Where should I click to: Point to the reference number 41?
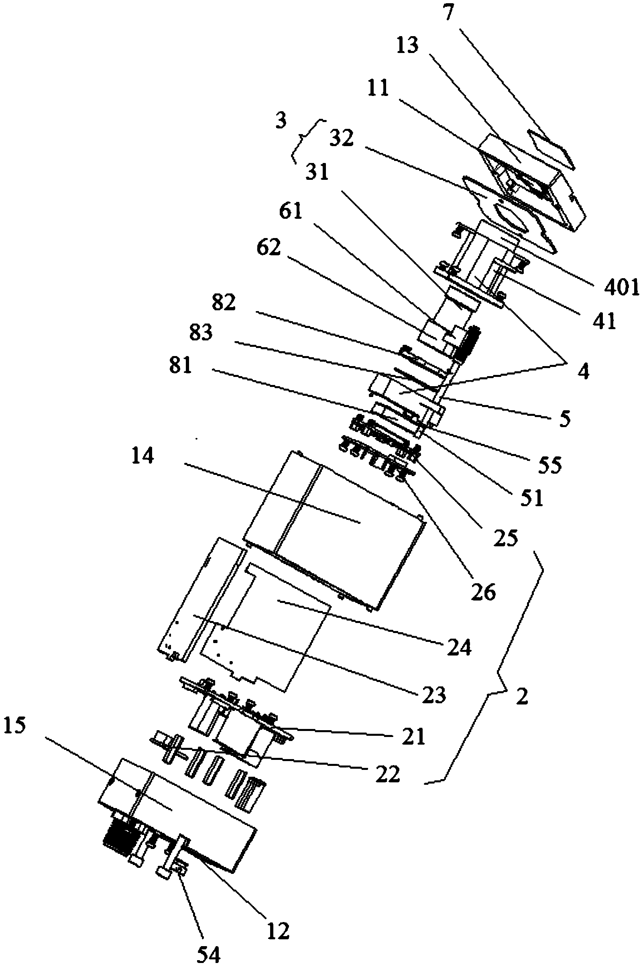(x=604, y=321)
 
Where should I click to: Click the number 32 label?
(x=341, y=138)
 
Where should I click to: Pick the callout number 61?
(x=290, y=212)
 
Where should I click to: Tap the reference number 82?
(x=224, y=303)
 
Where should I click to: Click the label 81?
(x=181, y=364)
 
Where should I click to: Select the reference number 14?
(x=142, y=455)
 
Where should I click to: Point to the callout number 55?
(x=549, y=465)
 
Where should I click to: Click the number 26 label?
(x=484, y=592)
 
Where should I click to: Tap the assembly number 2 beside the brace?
(x=522, y=696)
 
